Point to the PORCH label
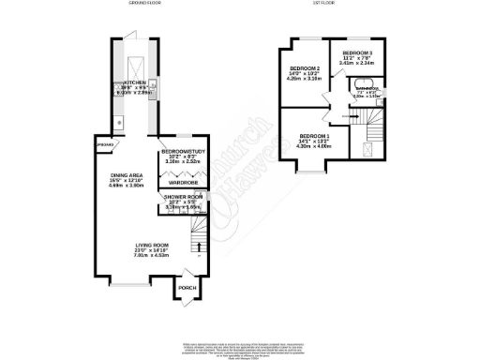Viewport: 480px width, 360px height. coord(187,287)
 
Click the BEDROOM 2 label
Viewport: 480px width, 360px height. coord(305,68)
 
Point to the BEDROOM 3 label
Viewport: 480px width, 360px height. coord(357,52)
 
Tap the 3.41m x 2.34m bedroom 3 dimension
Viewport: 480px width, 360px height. coord(357,63)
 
